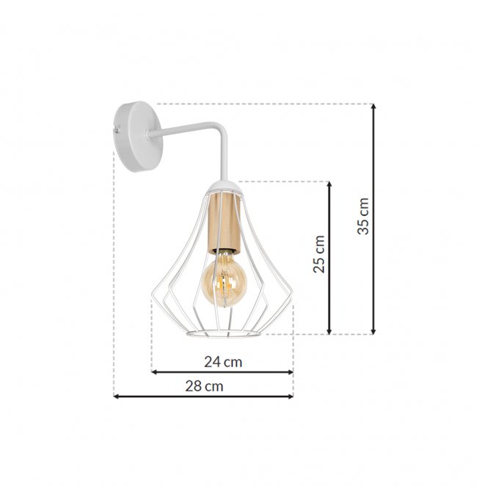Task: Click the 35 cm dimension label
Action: coord(363,216)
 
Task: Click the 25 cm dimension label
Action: coord(319,254)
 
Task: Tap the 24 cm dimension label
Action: coord(223,362)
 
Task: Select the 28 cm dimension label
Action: coord(204,386)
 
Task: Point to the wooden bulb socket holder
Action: coord(225,221)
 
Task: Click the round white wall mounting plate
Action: coord(138,137)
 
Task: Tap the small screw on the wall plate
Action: coord(117,129)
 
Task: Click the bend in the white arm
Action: coord(222,128)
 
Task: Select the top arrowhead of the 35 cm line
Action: coord(374,106)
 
